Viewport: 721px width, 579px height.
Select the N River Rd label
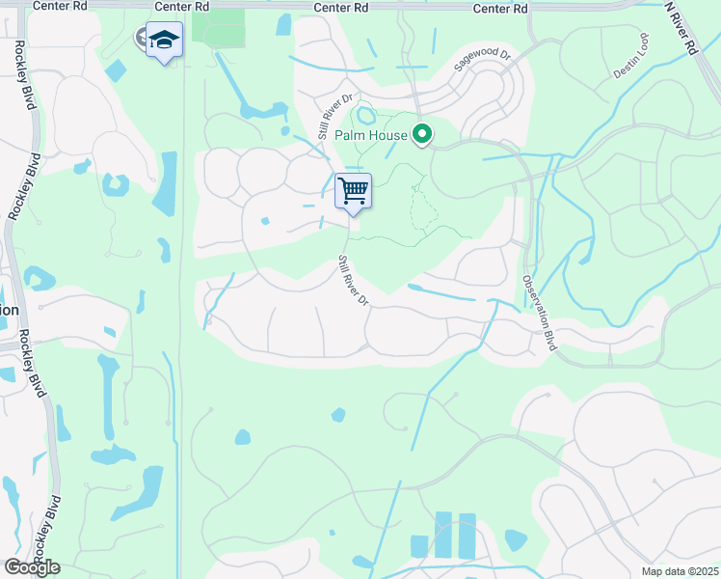681,28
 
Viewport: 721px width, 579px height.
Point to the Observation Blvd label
541,313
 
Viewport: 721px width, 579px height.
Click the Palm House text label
371,135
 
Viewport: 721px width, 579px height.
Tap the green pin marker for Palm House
421,134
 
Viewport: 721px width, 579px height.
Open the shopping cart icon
353,191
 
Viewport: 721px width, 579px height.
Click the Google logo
32,566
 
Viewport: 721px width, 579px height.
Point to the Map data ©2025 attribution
680,570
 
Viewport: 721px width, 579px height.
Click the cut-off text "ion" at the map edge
10,310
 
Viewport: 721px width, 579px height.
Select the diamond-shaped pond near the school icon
115,70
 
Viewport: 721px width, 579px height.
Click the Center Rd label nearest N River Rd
501,8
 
